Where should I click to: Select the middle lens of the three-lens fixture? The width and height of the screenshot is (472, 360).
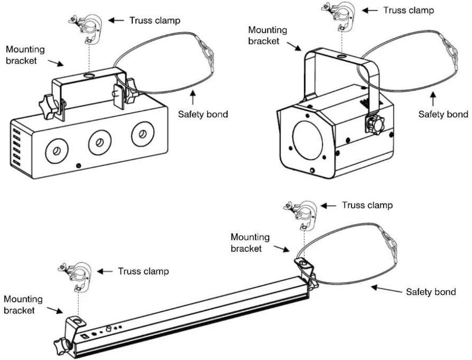(x=100, y=142)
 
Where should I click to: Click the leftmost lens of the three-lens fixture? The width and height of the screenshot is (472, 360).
(x=56, y=151)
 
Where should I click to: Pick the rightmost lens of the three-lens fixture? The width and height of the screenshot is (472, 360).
(x=143, y=133)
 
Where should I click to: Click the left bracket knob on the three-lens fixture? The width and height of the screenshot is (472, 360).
(x=49, y=107)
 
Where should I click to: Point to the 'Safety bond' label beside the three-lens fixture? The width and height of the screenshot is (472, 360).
(x=203, y=114)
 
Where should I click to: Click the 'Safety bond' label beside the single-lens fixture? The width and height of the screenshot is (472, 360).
(x=443, y=114)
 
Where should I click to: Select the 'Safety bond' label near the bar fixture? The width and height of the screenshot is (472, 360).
(x=431, y=292)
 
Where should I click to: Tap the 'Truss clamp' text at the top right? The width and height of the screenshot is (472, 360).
(x=408, y=10)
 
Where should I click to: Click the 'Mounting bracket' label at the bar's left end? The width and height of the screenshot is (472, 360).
(x=23, y=305)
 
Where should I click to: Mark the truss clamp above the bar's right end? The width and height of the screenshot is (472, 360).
(x=301, y=215)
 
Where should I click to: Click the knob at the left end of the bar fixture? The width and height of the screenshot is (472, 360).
(x=63, y=346)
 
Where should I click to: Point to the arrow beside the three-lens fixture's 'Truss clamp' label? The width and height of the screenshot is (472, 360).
(x=116, y=21)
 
